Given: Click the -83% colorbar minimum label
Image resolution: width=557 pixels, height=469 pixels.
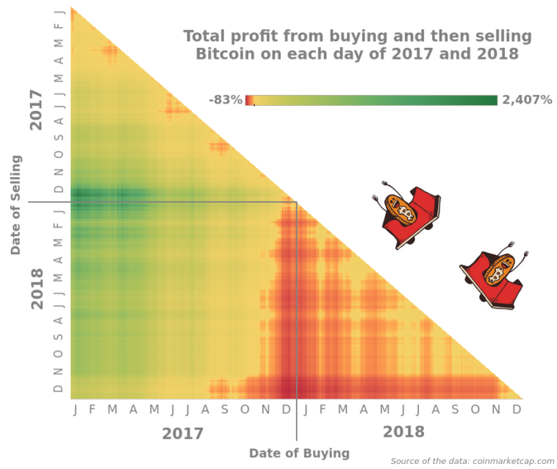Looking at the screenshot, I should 225,100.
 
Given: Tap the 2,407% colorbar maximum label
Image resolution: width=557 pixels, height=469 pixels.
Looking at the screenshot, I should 527,100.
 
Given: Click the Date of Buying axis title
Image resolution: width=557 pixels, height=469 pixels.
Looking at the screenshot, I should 299,453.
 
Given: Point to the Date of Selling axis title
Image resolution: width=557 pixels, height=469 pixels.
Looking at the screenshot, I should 16,204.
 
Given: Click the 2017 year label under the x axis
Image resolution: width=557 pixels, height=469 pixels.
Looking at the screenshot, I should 182,434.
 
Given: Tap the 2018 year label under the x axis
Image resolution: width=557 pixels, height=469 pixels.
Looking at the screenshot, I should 403,432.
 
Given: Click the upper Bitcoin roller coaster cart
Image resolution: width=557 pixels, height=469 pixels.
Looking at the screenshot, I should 408,214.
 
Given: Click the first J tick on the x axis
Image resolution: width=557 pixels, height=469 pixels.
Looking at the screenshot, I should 75,409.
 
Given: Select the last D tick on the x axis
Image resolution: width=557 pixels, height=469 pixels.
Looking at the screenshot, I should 517,409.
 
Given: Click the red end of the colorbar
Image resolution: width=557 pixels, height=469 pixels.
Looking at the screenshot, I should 249,100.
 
